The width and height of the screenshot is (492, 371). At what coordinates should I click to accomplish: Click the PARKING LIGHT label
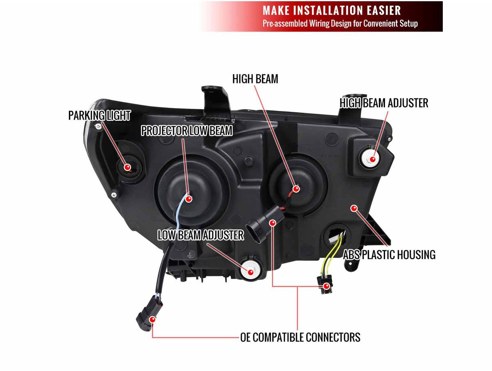(x=100, y=115)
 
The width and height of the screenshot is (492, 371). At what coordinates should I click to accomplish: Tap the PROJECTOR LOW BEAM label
(x=187, y=131)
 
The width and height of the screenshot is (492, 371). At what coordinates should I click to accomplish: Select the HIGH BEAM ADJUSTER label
(x=384, y=103)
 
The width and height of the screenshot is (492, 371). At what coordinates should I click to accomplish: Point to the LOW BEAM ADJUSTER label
(x=201, y=235)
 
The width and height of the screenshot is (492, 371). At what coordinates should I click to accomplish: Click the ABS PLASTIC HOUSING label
(x=389, y=255)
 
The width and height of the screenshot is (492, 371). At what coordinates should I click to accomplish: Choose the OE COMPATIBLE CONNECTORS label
(x=300, y=337)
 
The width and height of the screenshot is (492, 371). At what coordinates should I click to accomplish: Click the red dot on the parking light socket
(x=128, y=167)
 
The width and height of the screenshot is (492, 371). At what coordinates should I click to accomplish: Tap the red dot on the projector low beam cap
(x=189, y=199)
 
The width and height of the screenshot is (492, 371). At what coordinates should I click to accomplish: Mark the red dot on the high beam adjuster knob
(x=373, y=159)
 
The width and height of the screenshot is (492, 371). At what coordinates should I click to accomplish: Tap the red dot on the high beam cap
(x=296, y=189)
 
